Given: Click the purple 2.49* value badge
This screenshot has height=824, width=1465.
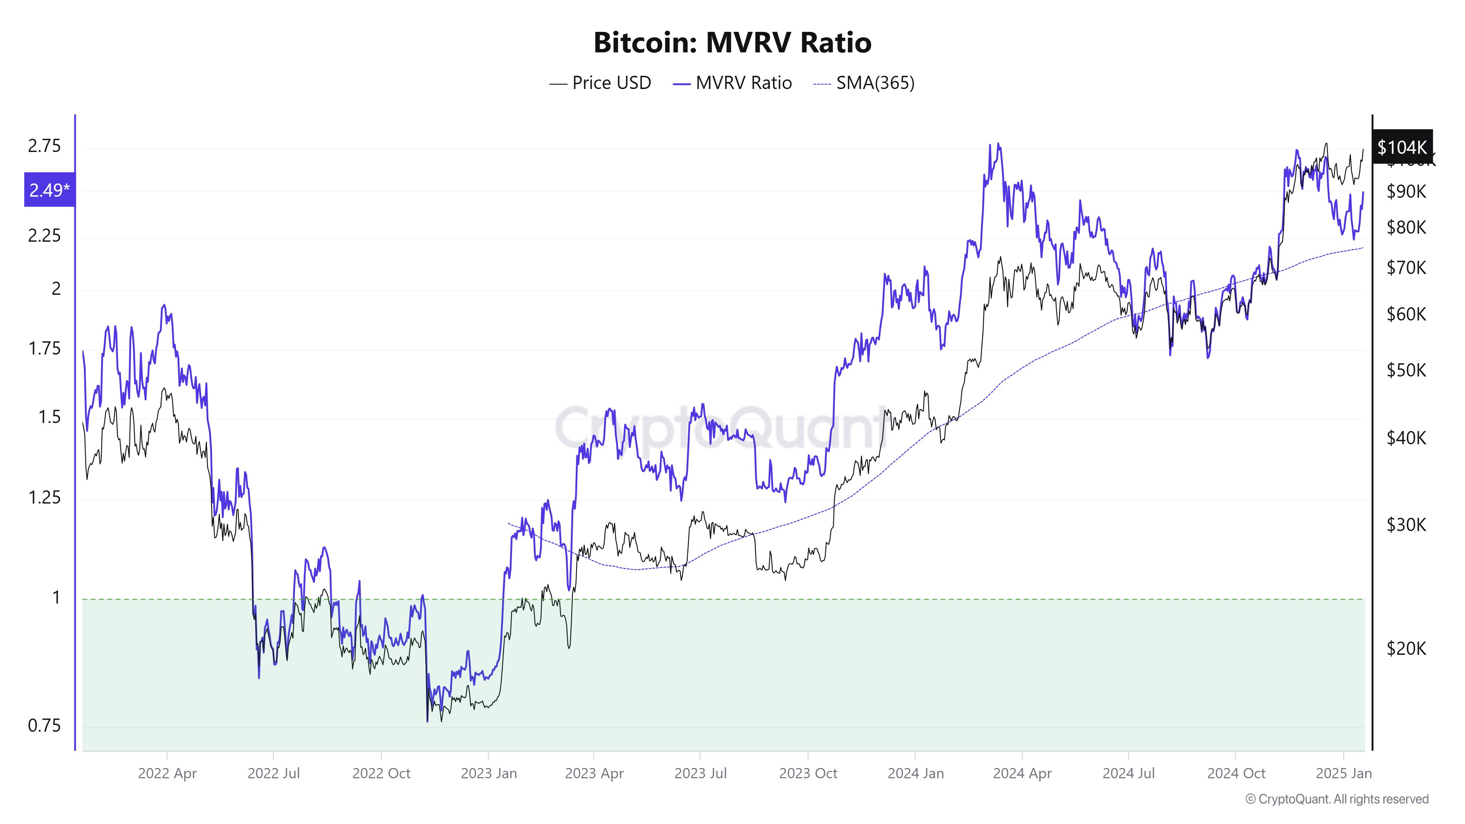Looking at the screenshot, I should coord(49,190).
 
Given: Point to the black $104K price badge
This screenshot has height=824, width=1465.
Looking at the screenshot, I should coord(1402,147).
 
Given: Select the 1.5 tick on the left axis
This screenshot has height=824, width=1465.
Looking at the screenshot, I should coord(49,417).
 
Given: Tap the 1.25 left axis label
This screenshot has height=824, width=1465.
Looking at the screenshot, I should coord(44,498).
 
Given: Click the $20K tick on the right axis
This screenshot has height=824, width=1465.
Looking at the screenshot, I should coord(1406,648).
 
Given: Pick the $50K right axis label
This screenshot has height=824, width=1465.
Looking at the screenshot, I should coord(1406,371).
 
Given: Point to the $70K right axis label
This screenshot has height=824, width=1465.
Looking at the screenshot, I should coord(1406,267).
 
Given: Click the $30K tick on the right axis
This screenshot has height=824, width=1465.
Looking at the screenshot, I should coord(1406,524).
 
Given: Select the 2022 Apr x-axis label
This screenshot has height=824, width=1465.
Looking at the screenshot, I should coord(167,773).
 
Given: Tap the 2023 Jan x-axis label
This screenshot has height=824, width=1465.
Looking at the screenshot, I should coord(489,773).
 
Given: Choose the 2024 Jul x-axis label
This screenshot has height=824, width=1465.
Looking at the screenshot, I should coord(1128,773).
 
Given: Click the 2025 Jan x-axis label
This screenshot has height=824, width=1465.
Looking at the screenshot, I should coord(1343,773).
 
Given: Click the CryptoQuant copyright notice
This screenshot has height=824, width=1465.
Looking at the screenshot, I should coord(1336,799).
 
